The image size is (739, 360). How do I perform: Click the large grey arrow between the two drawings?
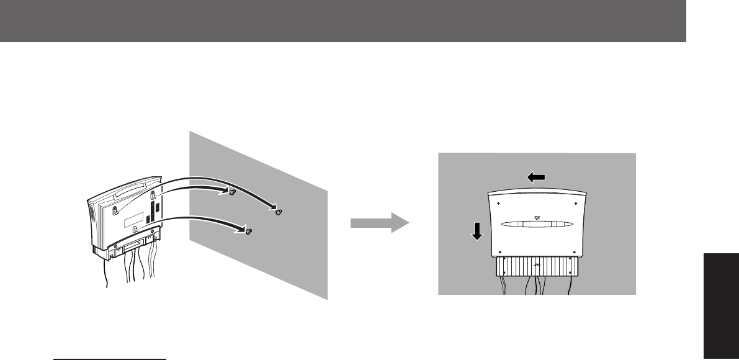tap(379, 224)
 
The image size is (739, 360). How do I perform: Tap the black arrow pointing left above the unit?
tap(537, 178)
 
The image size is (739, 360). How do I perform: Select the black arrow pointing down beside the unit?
tap(477, 231)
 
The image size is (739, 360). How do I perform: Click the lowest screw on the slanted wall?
tap(248, 231)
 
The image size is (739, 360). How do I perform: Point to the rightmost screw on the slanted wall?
tap(279, 212)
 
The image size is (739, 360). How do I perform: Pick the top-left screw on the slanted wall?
tap(231, 192)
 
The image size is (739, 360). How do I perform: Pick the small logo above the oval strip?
tap(537, 217)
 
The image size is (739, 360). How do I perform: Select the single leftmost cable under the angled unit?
tap(106, 276)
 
